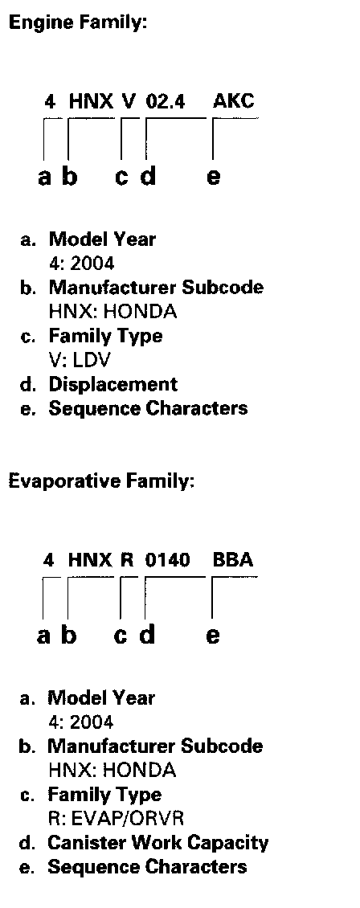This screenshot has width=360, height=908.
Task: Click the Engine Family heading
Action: pos(78,23)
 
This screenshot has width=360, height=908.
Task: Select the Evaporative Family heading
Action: pos(101,481)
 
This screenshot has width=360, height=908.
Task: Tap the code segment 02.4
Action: pos(166,102)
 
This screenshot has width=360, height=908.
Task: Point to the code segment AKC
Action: pos(233,101)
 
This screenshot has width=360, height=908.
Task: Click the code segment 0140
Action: pos(167,560)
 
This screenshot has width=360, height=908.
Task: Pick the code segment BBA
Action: pos(233,560)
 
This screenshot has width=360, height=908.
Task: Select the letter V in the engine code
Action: pos(129,102)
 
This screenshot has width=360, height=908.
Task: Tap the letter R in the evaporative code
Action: pos(127,560)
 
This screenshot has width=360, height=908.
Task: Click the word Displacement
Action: pos(112,385)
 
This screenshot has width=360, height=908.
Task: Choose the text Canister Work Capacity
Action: pos(158,843)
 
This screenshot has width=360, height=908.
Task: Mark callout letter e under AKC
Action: pos(213,176)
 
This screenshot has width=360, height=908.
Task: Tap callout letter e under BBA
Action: pos(212,636)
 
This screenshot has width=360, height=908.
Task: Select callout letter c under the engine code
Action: pos(121,176)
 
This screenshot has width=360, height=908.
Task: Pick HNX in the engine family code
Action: pos(92,102)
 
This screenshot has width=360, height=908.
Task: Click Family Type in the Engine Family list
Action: pos(105,337)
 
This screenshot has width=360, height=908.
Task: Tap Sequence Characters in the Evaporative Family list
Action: pos(147,867)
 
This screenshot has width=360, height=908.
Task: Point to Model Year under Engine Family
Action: pos(102,239)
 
